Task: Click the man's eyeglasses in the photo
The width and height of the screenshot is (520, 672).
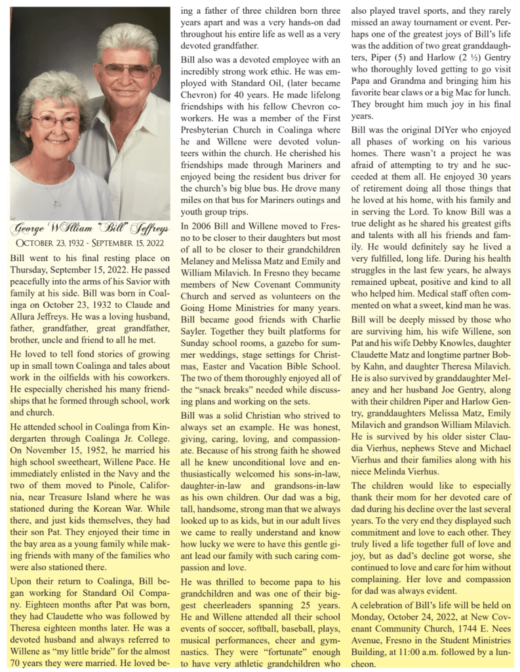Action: (x=127, y=68)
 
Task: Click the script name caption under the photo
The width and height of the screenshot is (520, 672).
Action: (x=90, y=229)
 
